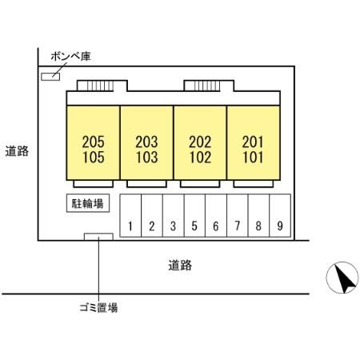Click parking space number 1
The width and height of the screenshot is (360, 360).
coord(130,215)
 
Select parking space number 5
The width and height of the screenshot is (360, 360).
coord(194,215)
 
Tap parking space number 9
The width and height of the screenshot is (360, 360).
coord(280,215)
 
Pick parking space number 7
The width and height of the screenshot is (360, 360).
coord(238,215)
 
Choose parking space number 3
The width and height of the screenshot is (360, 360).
coord(173,215)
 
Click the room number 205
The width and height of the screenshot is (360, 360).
coord(93,142)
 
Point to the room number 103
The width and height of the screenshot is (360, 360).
coord(146,157)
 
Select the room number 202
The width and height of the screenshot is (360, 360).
coord(200,142)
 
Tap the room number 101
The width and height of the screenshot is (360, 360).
coord(253,157)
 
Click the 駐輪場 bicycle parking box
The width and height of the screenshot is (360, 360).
coord(88,203)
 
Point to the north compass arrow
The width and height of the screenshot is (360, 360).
coord(345,278)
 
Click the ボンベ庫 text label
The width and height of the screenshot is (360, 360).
coord(71,56)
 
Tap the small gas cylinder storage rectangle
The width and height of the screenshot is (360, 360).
coord(50,77)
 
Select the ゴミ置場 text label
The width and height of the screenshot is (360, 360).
coord(98,307)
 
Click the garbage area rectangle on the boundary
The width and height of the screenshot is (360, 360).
coord(98,237)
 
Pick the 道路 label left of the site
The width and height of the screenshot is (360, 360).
coord(17,151)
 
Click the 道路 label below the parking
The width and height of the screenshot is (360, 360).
coord(180,266)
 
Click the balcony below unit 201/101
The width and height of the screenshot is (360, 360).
coord(253,184)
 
